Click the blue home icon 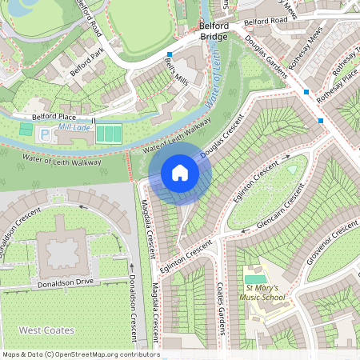[x=180, y=172]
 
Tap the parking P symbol [x=44, y=134]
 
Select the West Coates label [x=46, y=330]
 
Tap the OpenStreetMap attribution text [x=80, y=354]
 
